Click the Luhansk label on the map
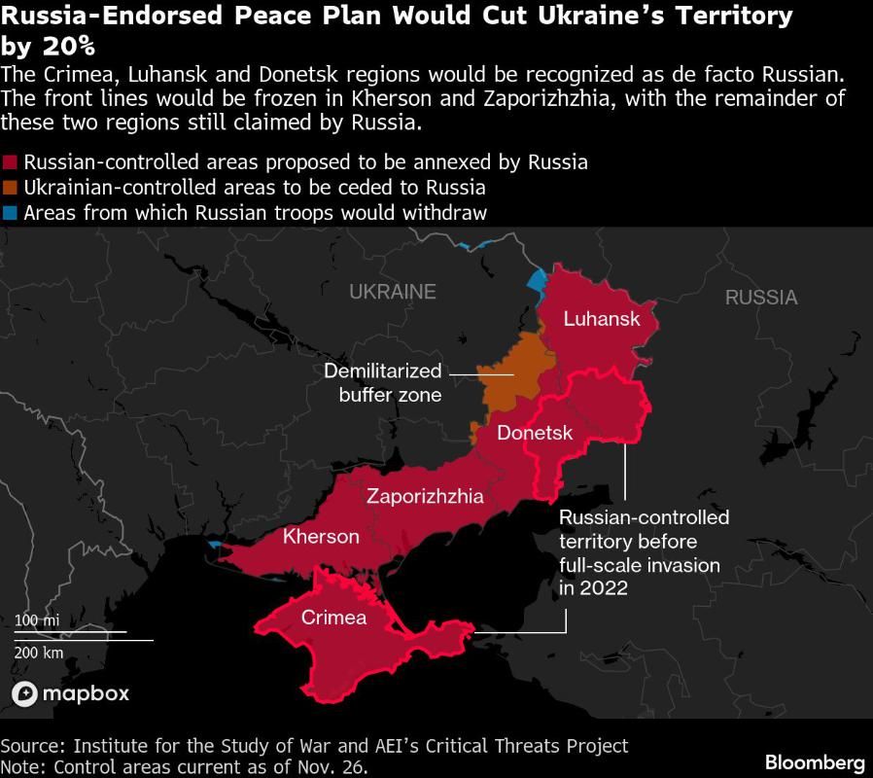pos(602,319)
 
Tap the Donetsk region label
pos(535,434)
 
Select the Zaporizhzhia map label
pos(425,496)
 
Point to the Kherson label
pos(321,537)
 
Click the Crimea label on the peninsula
pos(333,618)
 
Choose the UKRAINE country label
pos(393,292)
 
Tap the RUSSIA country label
pos(761,298)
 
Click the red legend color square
pos(11,162)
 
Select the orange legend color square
pos(11,188)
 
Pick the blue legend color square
pos(11,213)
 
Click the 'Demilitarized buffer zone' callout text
pos(383,383)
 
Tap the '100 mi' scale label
pos(37,620)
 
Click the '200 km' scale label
pos(39,652)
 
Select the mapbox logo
pos(70,693)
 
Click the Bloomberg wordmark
pos(815,761)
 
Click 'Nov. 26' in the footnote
pos(332,766)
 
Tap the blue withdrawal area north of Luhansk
pos(536,283)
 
